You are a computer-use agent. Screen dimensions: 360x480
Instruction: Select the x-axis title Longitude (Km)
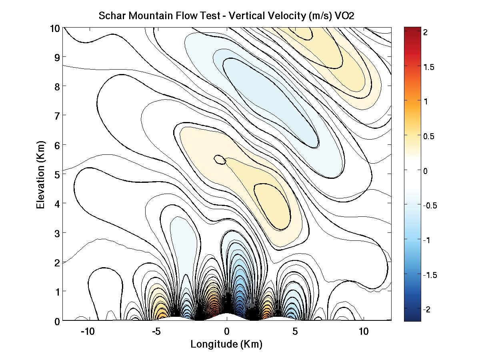coord(226,344)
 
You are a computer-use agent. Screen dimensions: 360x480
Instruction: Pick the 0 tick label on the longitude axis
coord(227,332)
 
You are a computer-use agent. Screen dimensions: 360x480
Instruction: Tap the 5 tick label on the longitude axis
coord(295,332)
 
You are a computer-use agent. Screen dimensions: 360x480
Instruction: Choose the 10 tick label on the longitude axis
coord(363,332)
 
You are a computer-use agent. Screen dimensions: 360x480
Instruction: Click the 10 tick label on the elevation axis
coord(55,28)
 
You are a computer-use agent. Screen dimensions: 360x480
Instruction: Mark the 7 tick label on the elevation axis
coord(58,116)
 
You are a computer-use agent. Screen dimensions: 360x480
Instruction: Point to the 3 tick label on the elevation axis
coord(58,233)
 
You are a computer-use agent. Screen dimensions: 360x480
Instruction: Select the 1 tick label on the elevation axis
coord(58,291)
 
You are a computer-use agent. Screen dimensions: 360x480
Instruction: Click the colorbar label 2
coord(426,33)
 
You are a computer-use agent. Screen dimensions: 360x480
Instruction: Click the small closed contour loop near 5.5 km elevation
coord(220,160)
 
